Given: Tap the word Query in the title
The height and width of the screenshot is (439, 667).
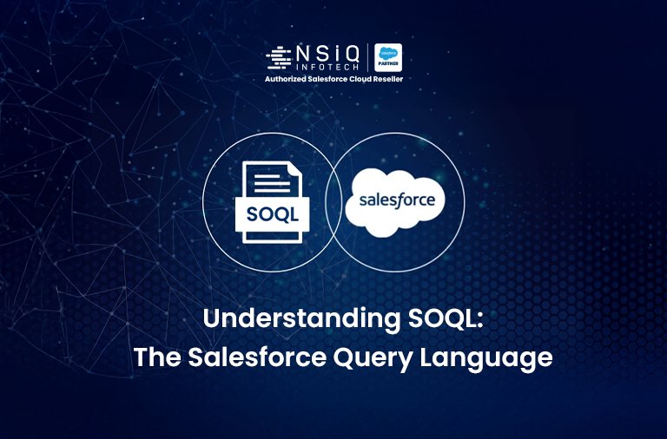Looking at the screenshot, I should (x=385, y=357).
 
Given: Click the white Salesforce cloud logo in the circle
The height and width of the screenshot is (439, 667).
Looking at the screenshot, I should (x=395, y=202).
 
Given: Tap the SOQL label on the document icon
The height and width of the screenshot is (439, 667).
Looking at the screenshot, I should (x=271, y=213).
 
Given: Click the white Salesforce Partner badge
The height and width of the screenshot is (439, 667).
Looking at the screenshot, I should (x=387, y=57).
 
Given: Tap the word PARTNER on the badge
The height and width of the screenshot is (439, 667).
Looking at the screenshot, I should (x=387, y=65).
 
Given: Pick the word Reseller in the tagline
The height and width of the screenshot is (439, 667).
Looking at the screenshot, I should (x=386, y=80).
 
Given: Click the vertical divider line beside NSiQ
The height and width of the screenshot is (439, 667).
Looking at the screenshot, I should (x=368, y=57).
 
